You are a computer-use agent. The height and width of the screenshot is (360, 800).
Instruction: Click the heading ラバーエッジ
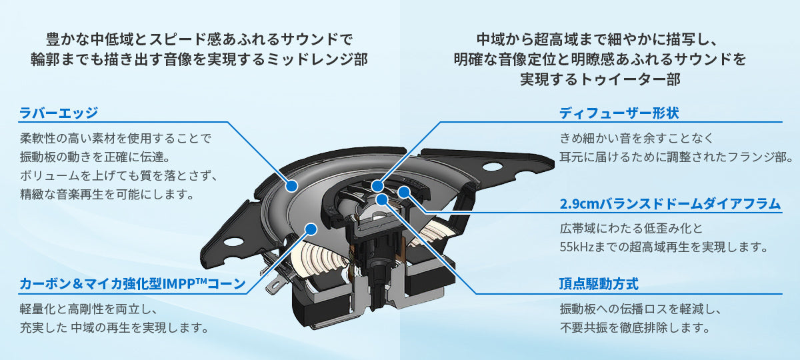point(59,113)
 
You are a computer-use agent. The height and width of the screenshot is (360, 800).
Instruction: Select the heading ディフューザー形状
point(619,113)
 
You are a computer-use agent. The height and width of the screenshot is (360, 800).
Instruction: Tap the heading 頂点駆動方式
point(599,284)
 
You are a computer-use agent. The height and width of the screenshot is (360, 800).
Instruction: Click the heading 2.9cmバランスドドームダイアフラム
point(670,204)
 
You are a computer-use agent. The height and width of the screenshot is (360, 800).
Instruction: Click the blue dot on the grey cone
point(310,229)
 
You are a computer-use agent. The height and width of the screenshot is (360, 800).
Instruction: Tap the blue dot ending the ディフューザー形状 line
point(378,185)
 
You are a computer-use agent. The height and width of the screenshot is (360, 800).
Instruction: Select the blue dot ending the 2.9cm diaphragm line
point(403,193)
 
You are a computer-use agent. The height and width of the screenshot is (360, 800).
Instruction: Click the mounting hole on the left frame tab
point(234,242)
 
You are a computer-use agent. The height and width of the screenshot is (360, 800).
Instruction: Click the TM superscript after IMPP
point(201,280)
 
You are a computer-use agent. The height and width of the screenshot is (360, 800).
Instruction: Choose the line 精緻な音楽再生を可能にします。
point(107,195)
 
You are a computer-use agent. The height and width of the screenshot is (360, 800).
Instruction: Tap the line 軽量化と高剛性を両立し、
point(88,309)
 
